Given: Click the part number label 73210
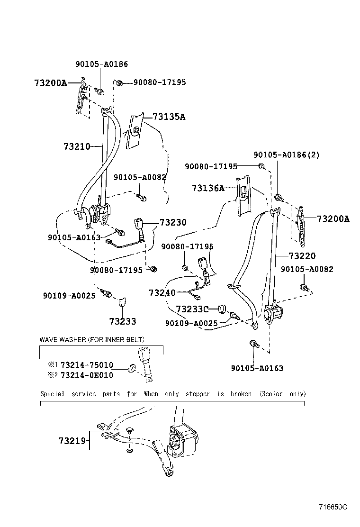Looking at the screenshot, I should pos(76,147).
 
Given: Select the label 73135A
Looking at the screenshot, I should pos(169,117).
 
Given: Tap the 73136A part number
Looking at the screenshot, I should pos(208,188).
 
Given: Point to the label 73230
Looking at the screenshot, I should pos(173,222).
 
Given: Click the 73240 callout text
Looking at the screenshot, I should pos(162,293).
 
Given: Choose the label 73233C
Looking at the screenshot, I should pos(192,309).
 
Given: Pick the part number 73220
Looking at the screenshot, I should pos(302,256).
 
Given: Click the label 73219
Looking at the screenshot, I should pos(72,441).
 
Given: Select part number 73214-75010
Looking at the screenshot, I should pos(87,365).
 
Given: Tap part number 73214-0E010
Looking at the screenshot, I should pos(87,375).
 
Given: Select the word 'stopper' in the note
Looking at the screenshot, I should pos(197,394).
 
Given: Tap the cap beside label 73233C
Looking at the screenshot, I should pos(222,309).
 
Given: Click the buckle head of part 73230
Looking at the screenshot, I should pos(141,224).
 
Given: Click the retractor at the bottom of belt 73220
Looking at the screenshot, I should pos(273,313).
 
